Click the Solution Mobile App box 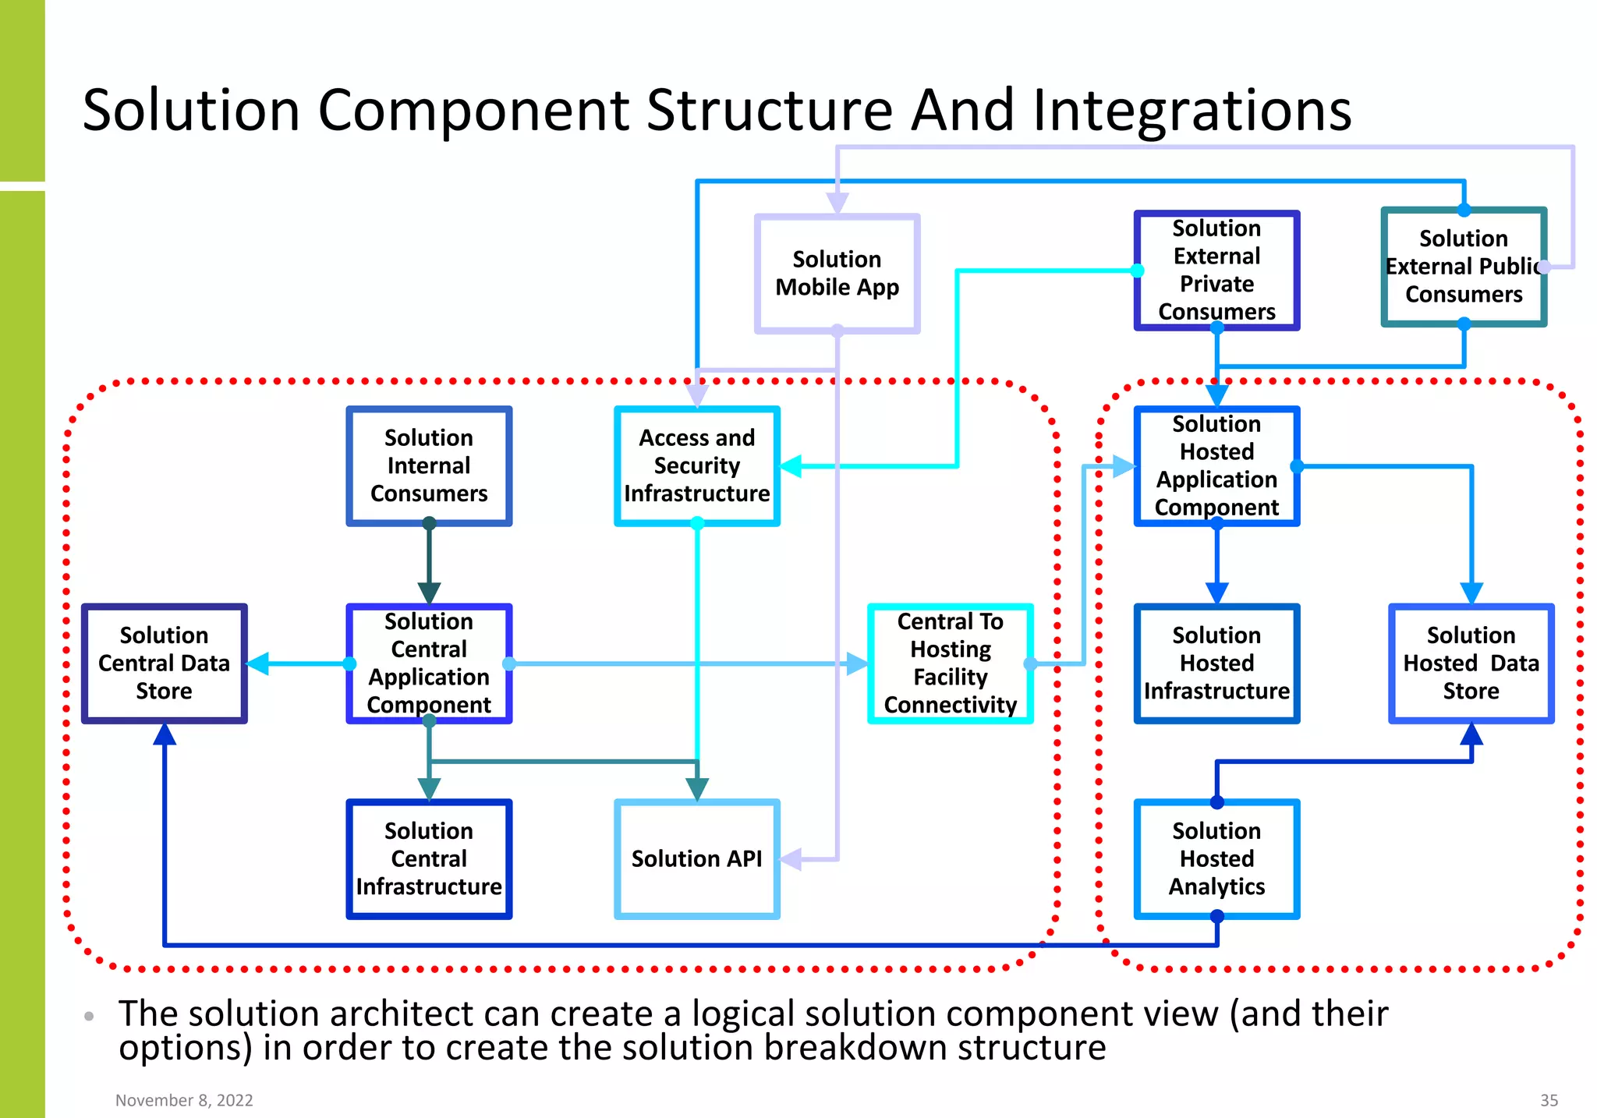[x=837, y=274]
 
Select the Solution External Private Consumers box [x=1216, y=270]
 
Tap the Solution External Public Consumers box [x=1463, y=267]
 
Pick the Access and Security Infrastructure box [x=696, y=465]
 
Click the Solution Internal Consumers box [x=429, y=465]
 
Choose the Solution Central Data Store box [x=164, y=663]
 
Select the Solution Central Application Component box [x=429, y=663]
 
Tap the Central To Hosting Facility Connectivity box [x=950, y=663]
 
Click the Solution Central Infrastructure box [x=429, y=858]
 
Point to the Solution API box [x=696, y=858]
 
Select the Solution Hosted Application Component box [x=1216, y=465]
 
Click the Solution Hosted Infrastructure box [x=1216, y=663]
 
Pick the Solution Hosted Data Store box [x=1471, y=663]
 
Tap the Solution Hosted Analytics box [x=1216, y=858]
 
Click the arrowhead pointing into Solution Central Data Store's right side [x=258, y=663]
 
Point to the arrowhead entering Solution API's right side [x=791, y=860]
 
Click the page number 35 [x=1549, y=1100]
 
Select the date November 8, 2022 [x=184, y=1100]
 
